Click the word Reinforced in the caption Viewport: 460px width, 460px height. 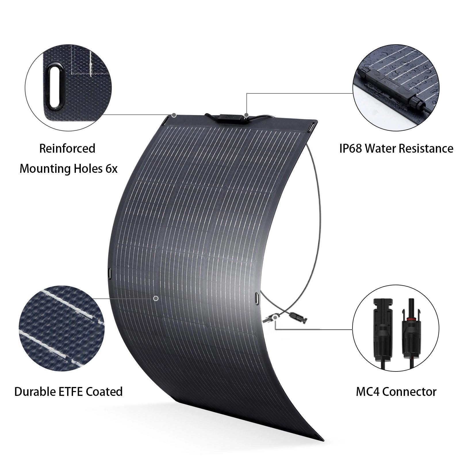coord(67,149)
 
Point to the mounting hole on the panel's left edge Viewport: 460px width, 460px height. coord(110,273)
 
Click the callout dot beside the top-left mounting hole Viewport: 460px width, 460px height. coord(174,115)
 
